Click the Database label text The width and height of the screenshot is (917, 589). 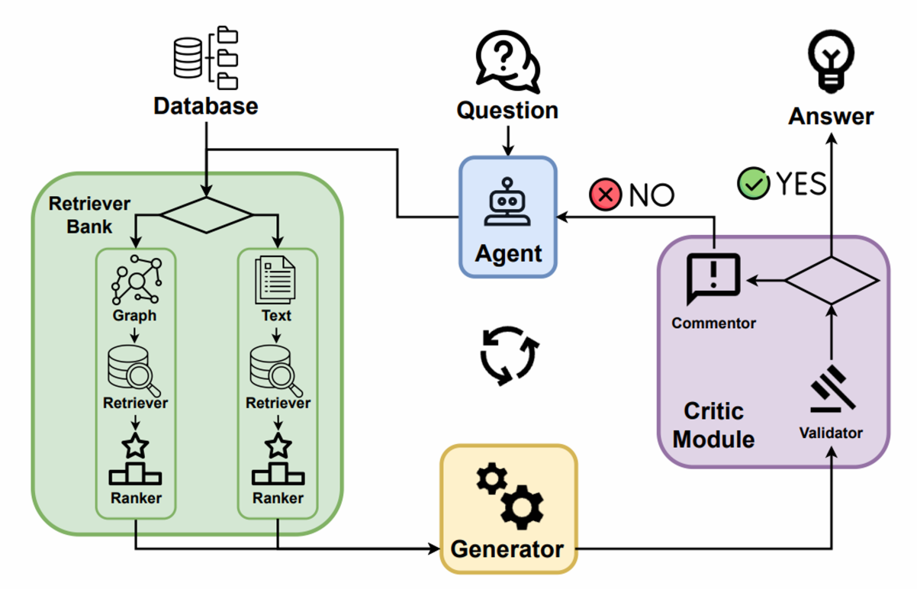(x=205, y=105)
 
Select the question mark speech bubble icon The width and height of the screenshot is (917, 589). (x=507, y=60)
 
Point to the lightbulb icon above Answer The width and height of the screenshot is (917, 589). (x=831, y=61)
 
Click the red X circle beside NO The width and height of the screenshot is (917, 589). (x=606, y=195)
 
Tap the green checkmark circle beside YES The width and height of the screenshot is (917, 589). (x=753, y=184)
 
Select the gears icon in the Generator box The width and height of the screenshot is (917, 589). (x=509, y=497)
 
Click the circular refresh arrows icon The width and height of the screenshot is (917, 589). (x=509, y=355)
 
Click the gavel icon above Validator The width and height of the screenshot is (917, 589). (x=831, y=391)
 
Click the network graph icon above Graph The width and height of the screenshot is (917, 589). (x=136, y=280)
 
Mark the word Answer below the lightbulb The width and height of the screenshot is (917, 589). (x=831, y=117)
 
